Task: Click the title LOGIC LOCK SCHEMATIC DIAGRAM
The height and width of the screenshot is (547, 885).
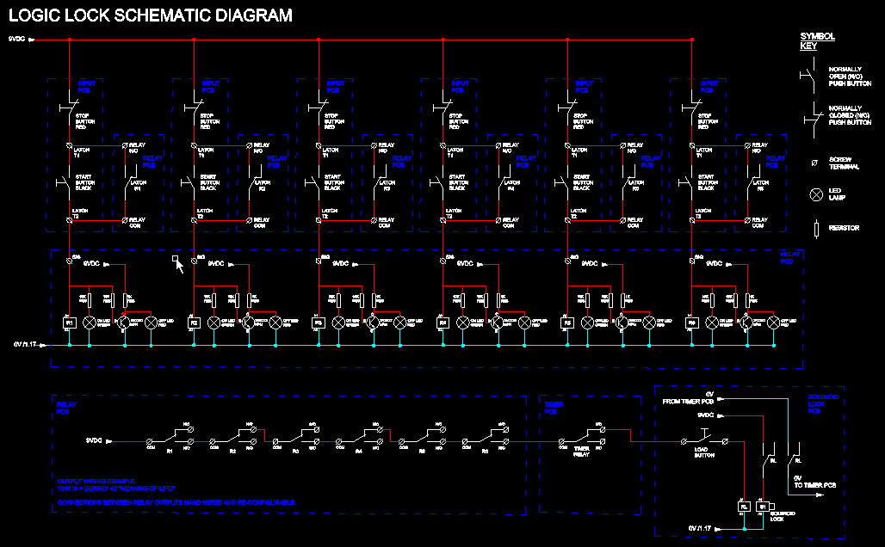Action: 151,15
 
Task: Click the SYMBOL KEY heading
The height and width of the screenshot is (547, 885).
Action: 817,41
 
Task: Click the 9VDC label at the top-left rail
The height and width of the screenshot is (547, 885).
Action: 17,39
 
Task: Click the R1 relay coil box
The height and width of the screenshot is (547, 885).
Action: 71,323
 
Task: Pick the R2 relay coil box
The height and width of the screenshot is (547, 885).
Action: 195,323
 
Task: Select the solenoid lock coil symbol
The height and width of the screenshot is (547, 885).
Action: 763,507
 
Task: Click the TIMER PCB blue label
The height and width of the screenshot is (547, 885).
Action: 552,408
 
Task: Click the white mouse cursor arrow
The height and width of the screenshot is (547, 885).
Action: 179,265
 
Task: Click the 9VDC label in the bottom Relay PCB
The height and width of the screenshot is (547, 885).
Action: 95,439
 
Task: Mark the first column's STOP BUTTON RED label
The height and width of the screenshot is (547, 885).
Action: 84,120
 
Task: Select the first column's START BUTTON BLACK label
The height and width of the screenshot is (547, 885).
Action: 84,182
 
